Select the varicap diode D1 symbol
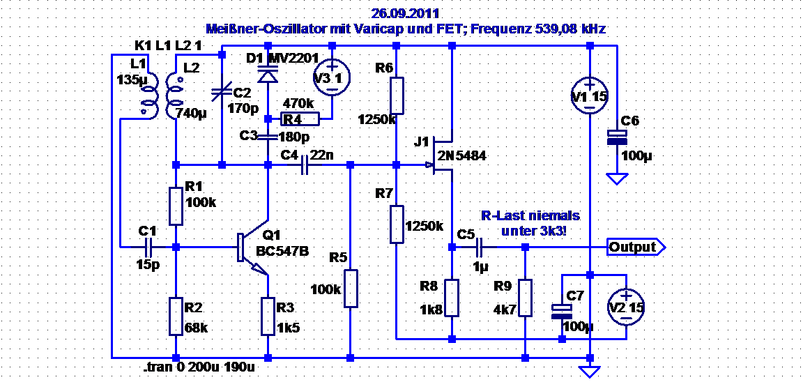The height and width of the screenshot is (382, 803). click(268, 74)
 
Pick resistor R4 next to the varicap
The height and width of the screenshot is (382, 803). click(300, 119)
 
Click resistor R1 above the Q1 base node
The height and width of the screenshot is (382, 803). click(176, 206)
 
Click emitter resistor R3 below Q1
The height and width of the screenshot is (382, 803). click(268, 316)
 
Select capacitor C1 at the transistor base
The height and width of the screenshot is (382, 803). click(148, 247)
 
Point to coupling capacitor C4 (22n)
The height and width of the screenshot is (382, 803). click(305, 165)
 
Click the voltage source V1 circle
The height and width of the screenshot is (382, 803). click(590, 95)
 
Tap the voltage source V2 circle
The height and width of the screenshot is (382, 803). click(625, 307)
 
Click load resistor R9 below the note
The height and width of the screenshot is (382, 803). click(524, 298)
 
